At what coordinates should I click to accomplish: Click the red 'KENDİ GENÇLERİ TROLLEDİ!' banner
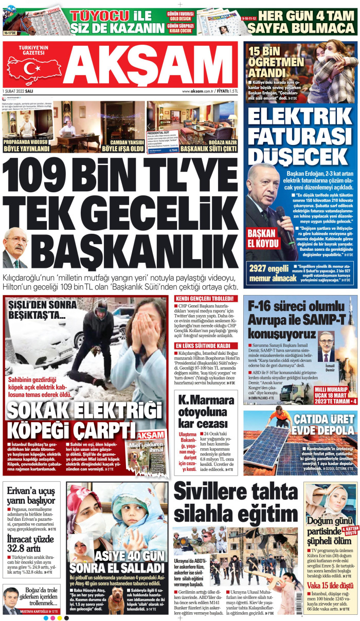[x=206, y=298]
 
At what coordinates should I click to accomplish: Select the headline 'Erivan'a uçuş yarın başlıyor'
[x=31, y=494]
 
